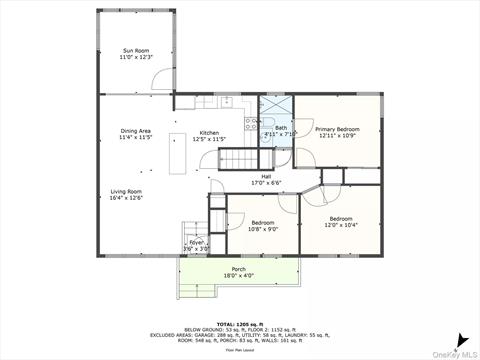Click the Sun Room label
click(135, 51)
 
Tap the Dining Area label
click(135, 131)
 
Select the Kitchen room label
click(209, 133)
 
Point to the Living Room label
click(127, 191)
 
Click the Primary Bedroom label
click(337, 130)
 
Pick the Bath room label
click(281, 128)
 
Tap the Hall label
click(266, 177)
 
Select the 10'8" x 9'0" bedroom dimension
click(263, 228)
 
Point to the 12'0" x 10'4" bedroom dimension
click(341, 224)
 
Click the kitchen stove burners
click(250, 125)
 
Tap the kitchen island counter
click(177, 153)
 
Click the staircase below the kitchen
click(239, 159)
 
